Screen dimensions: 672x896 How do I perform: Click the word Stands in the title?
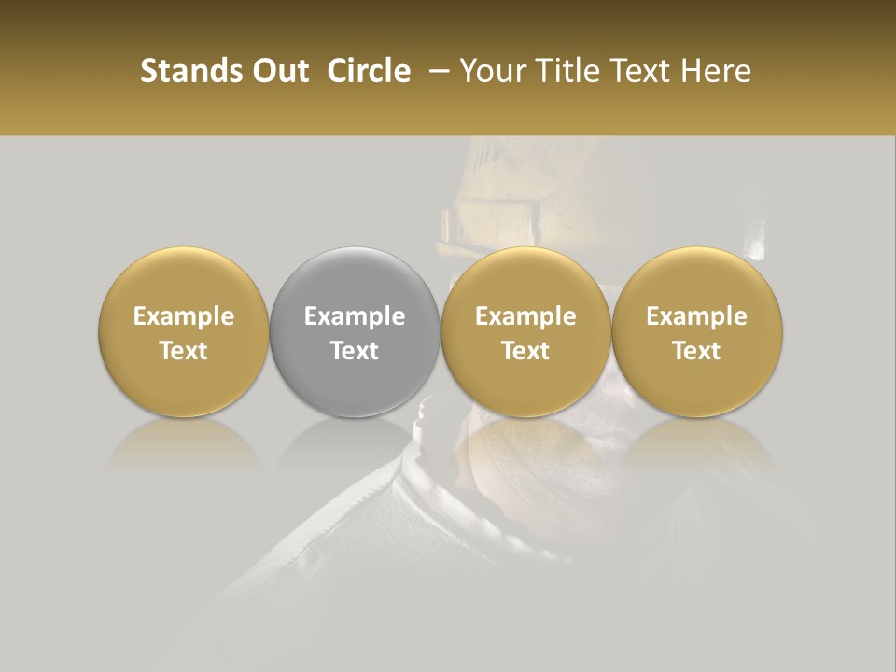189,71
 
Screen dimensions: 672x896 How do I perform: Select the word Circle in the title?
369,71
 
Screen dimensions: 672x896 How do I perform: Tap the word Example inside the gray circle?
355,316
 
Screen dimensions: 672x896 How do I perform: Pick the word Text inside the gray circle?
355,351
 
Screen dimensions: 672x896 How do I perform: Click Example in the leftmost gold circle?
184,316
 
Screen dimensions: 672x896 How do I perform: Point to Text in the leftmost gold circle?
184,351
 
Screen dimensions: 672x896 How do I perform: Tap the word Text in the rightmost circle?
697,351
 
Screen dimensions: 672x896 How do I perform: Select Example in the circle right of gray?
525,316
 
